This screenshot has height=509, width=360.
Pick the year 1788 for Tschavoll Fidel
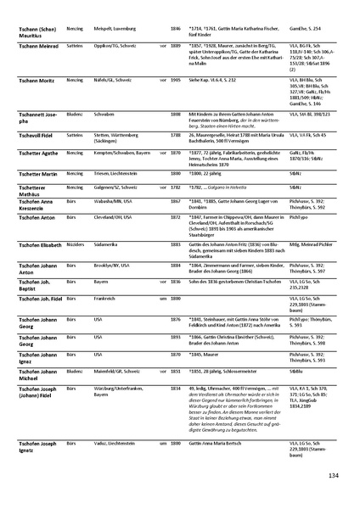(x=175, y=134)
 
